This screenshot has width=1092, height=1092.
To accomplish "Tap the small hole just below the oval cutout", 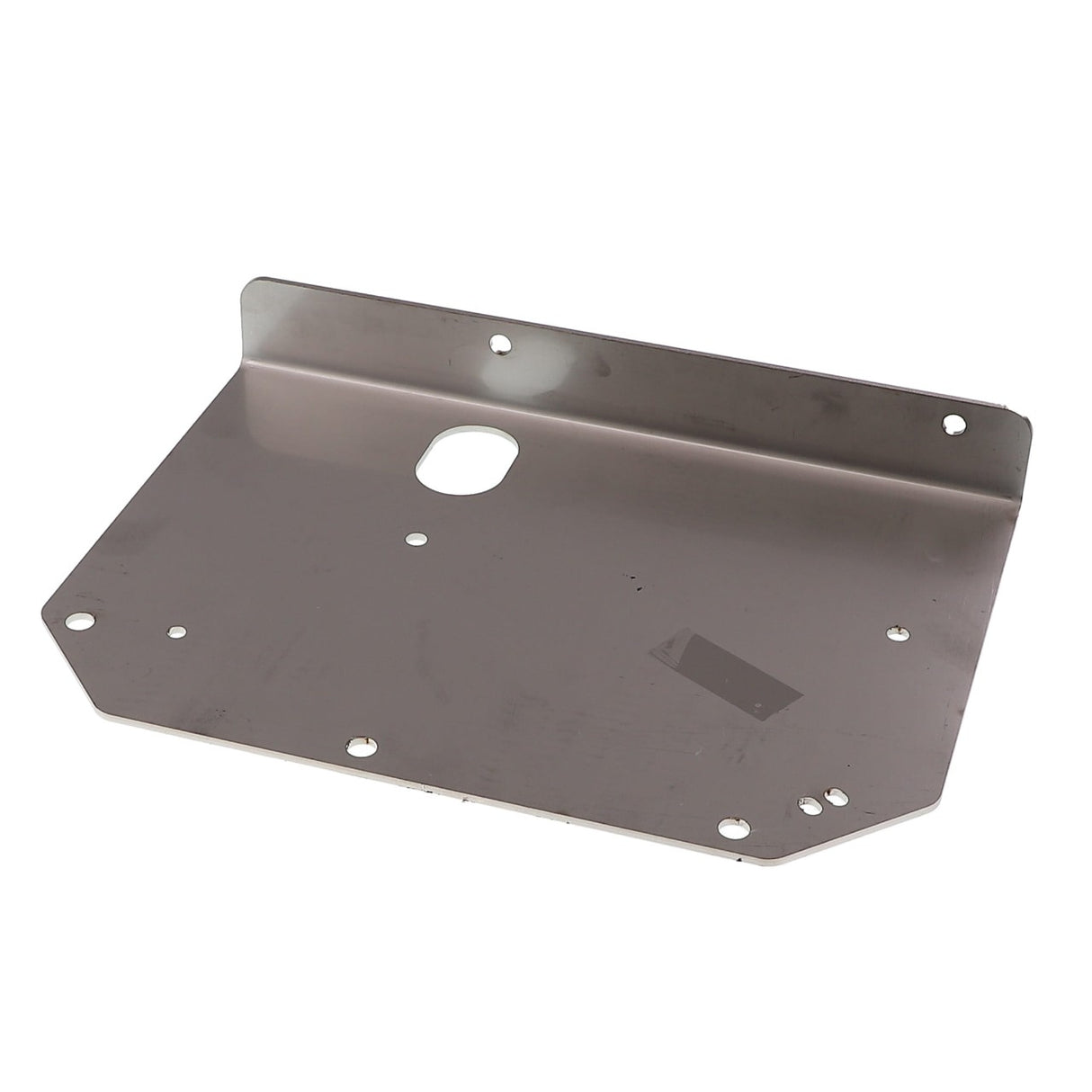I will (415, 539).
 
